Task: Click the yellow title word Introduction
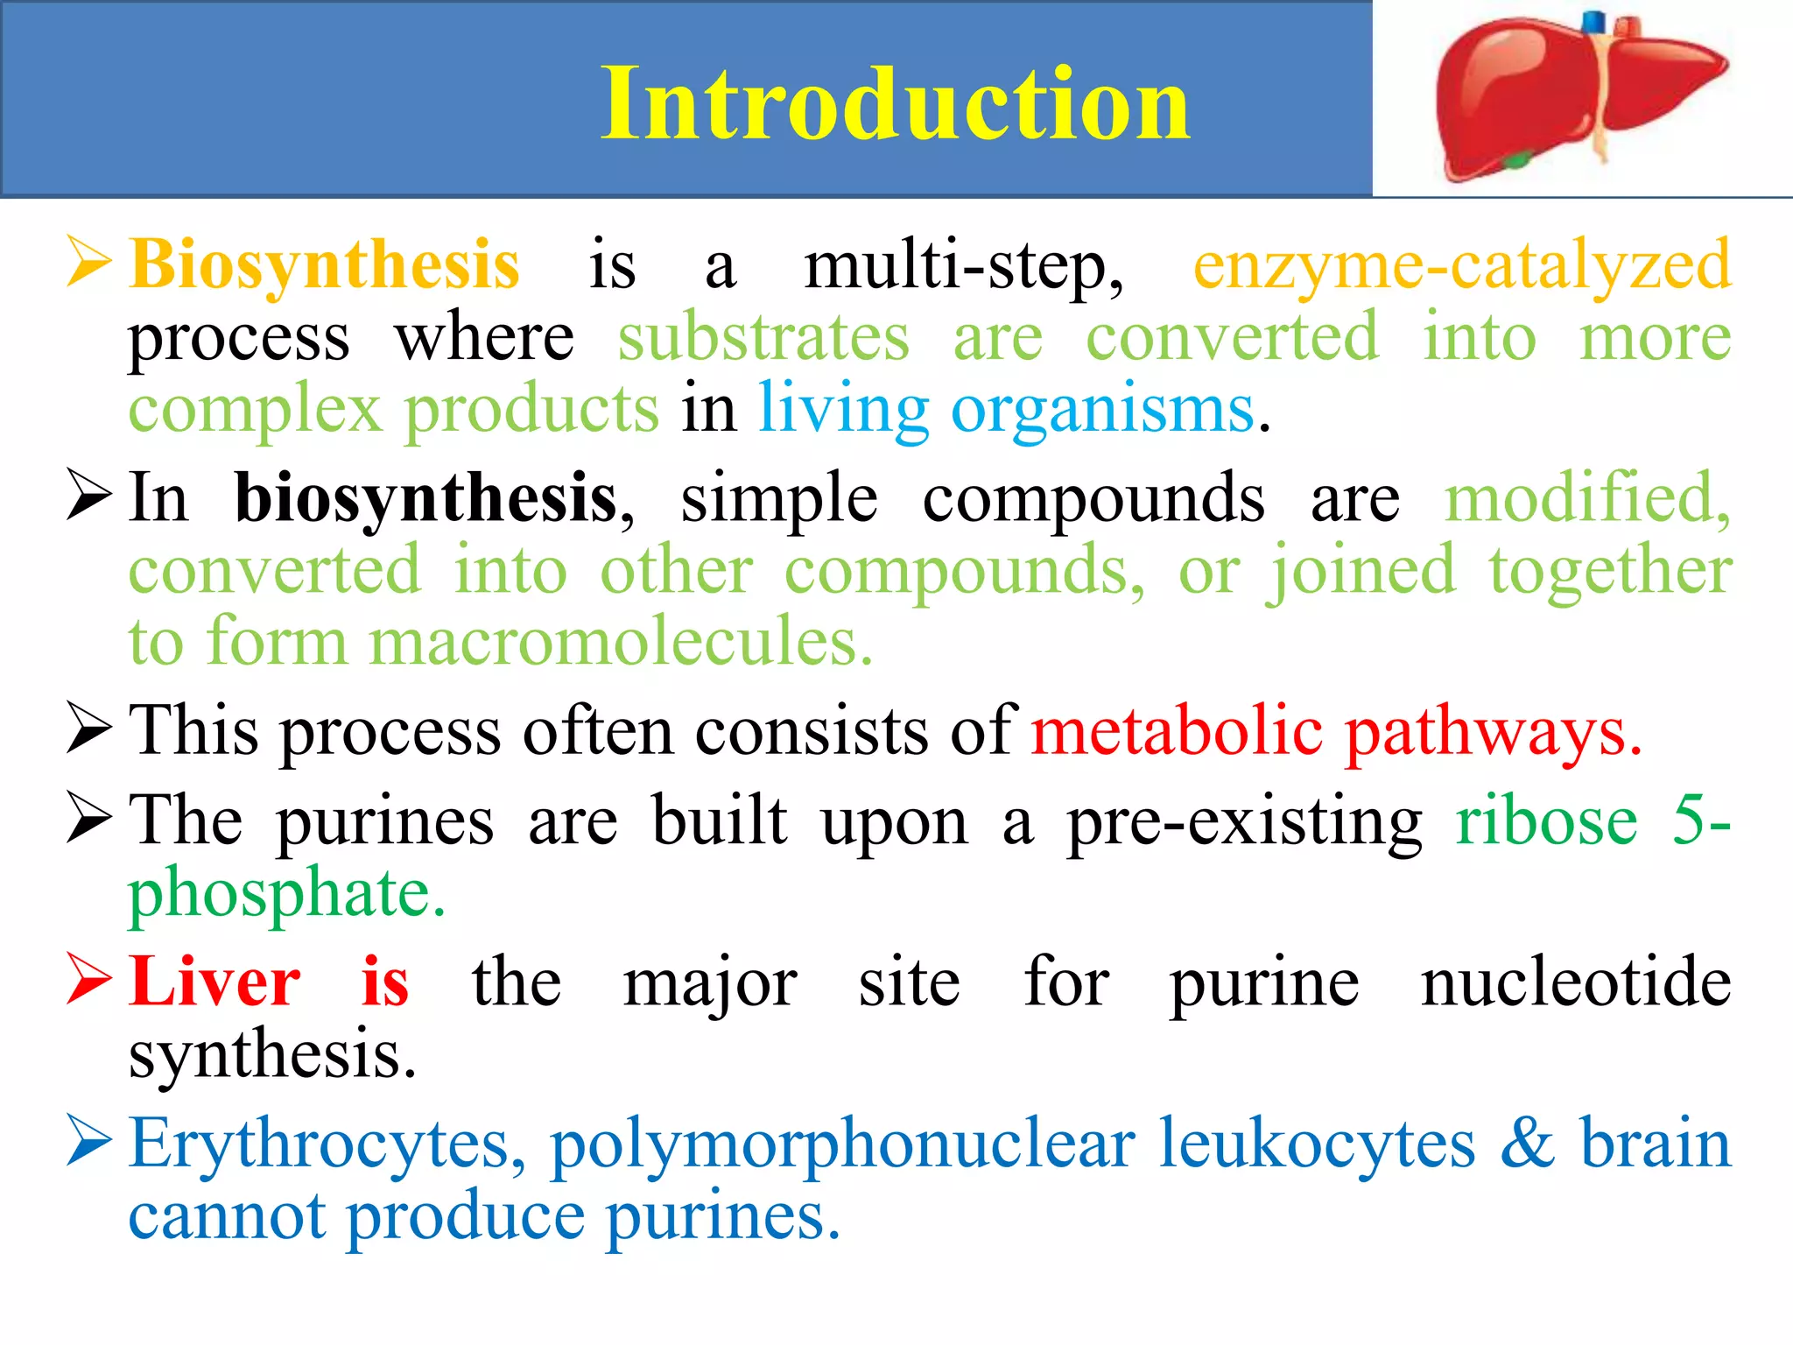[895, 104]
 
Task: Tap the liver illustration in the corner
[1576, 96]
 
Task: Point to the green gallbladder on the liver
[1517, 160]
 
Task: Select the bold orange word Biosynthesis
[325, 265]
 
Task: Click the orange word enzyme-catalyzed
[1462, 265]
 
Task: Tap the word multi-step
[963, 265]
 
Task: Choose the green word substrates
[763, 337]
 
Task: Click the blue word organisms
[1103, 410]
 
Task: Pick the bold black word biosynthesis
[426, 499]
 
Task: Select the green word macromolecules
[621, 642]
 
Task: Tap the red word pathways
[1494, 732]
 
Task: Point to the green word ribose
[1546, 821]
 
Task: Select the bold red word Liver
[214, 982]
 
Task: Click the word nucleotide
[1576, 982]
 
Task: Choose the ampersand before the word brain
[1527, 1144]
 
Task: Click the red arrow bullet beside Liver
[89, 981]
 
